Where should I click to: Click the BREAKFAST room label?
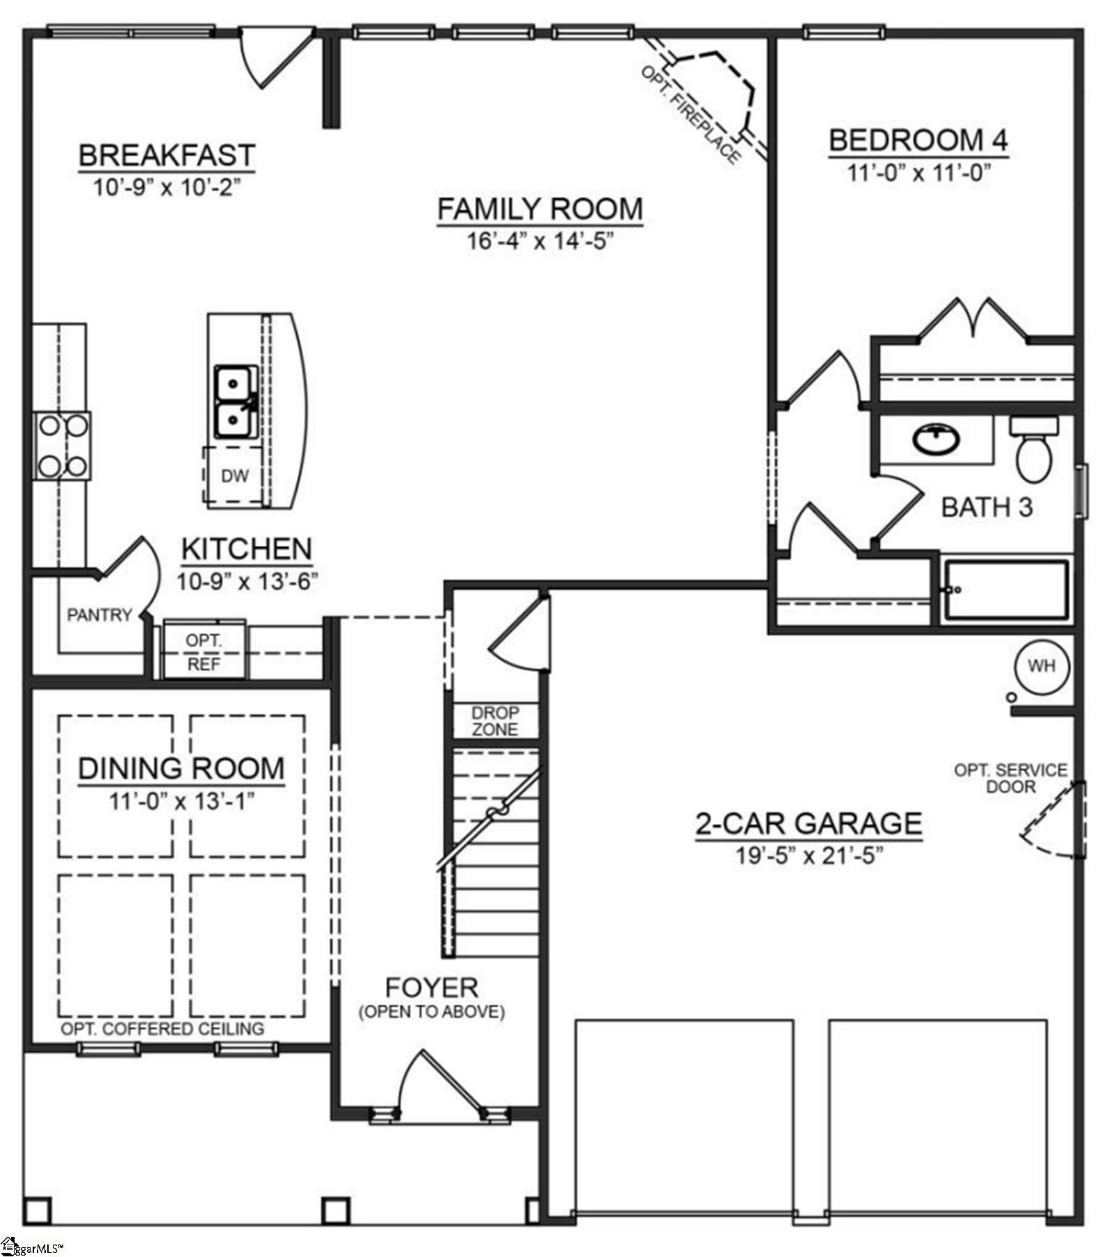click(x=166, y=154)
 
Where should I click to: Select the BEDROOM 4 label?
click(x=918, y=140)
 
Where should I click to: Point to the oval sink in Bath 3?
click(x=936, y=439)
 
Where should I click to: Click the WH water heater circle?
click(x=1041, y=665)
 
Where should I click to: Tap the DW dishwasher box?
click(x=235, y=476)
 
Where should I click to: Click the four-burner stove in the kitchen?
click(x=63, y=445)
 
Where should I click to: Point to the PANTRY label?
click(x=99, y=615)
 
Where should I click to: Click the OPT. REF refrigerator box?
click(x=204, y=651)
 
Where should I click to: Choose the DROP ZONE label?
click(x=495, y=721)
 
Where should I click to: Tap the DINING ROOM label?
click(x=181, y=768)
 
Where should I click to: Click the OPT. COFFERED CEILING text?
click(x=163, y=1028)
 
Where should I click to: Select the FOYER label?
click(x=432, y=987)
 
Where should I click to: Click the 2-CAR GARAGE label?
click(x=809, y=823)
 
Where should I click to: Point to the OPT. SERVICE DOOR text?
click(x=1011, y=778)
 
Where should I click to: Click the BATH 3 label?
click(x=987, y=507)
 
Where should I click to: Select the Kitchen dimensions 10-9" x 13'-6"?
click(x=247, y=581)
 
